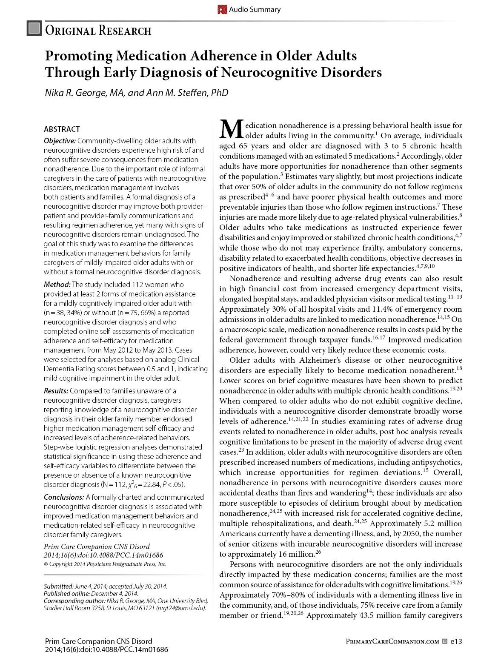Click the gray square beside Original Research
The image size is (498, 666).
pos(34,28)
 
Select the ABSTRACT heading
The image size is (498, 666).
pos(62,129)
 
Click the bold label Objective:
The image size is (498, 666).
pos(60,141)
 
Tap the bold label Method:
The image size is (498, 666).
pos(57,285)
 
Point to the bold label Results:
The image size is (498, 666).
pos(56,391)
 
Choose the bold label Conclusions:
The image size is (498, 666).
pos(64,497)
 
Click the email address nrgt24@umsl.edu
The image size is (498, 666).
pos(181,608)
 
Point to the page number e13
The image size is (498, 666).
pos(456,641)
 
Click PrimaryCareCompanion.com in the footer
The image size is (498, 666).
pos(392,641)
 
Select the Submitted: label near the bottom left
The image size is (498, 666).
pos(58,586)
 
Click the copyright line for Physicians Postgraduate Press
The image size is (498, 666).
pos(105,564)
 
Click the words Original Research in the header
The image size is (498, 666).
pos(98,31)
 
